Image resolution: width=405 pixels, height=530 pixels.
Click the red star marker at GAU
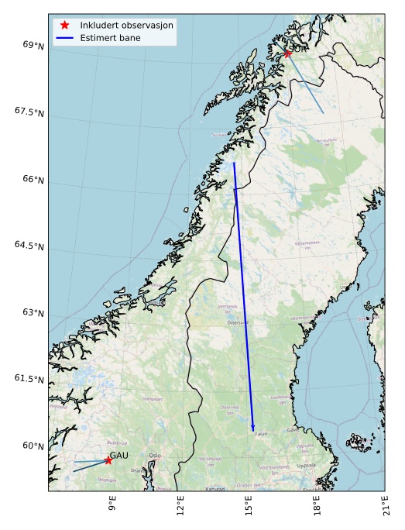[x=108, y=460]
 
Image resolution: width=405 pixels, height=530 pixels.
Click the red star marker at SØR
[x=287, y=53]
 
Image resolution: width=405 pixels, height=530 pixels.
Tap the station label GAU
[x=118, y=455]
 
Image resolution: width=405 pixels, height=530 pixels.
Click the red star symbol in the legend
[x=65, y=25]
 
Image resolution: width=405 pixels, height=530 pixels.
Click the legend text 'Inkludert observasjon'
[x=126, y=25]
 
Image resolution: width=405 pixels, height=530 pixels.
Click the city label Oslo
[x=155, y=456]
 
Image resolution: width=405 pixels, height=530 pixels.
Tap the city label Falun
[x=260, y=434]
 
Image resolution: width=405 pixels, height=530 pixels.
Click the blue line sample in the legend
[x=65, y=37]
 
